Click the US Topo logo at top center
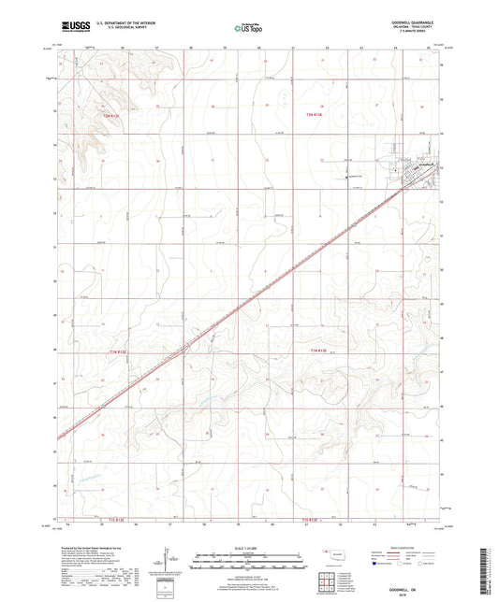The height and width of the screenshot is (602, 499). point(246,28)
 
